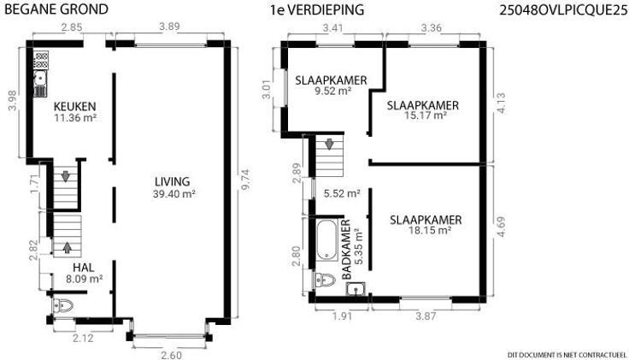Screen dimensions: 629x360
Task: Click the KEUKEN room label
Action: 75,106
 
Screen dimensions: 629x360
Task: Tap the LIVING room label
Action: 173,181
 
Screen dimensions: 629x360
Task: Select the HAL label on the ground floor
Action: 84,268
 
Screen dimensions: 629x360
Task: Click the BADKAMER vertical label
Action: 347,249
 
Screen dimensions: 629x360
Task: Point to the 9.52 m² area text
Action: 333,91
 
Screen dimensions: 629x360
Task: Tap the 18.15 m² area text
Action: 430,230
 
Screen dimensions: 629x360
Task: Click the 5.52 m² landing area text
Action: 342,193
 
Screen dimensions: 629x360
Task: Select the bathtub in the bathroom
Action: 327,239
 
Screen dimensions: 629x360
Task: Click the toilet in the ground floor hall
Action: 63,306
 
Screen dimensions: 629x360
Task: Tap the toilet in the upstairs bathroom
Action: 325,280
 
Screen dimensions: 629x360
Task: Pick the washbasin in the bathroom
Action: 356,288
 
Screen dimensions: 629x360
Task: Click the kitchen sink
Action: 39,79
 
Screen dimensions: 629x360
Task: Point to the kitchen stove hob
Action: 41,60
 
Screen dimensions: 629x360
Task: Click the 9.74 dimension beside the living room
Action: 246,179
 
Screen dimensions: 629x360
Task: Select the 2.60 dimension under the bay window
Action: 171,355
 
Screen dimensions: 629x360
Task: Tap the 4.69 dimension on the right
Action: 501,227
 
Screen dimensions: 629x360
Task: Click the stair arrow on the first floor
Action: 329,144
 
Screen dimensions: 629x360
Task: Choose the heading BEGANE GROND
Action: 56,9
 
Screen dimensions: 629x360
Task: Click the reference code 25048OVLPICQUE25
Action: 563,10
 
